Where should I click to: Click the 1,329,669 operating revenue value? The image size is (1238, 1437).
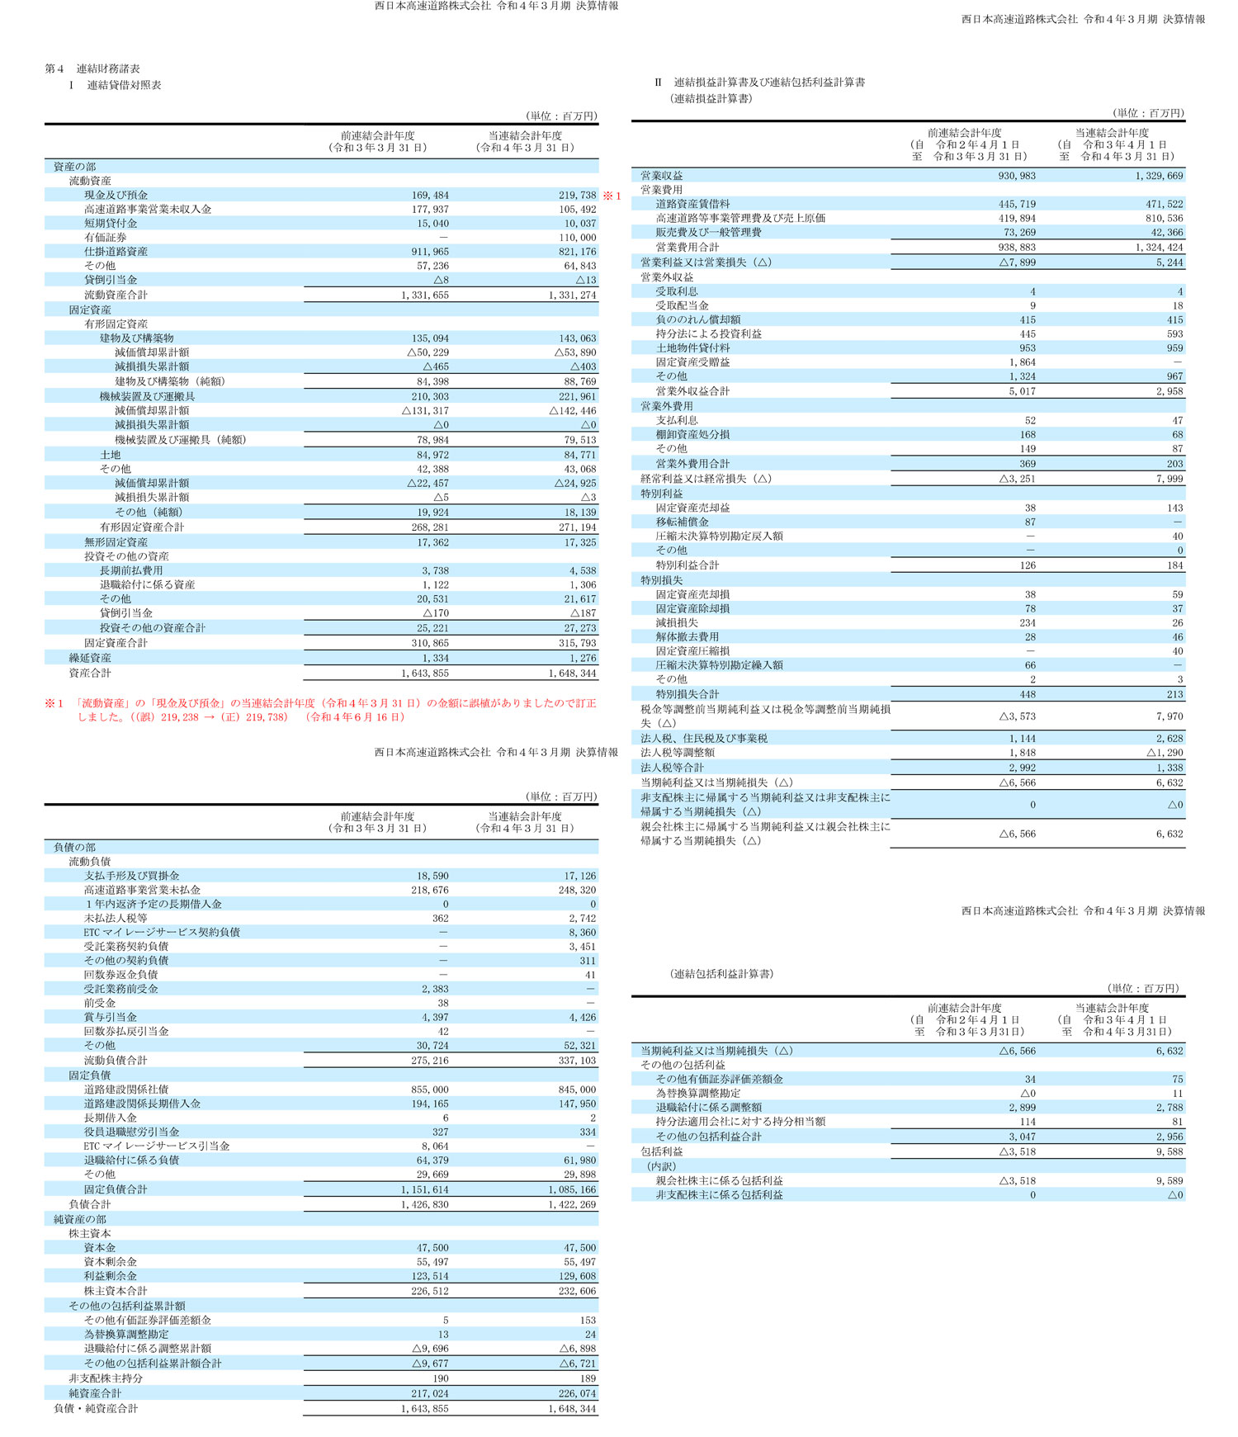coord(1152,176)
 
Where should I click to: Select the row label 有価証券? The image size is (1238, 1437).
coord(105,237)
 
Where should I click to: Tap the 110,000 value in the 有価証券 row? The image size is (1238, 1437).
coord(577,237)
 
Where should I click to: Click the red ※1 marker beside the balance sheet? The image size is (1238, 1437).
coord(612,196)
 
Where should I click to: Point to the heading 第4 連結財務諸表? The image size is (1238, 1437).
coord(92,69)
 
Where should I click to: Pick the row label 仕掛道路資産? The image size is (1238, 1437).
coord(116,251)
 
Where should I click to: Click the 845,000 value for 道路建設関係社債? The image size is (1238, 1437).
coord(577,1090)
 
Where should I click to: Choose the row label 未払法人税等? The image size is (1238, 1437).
coord(116,918)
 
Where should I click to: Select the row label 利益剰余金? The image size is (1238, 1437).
coord(111,1276)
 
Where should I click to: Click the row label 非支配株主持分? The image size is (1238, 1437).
coord(105,1378)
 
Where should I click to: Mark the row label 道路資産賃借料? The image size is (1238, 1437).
coord(692,204)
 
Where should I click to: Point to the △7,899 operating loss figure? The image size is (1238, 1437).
coord(1017,262)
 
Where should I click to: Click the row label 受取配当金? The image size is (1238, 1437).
coord(682,305)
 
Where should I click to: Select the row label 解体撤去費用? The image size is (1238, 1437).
coord(687,636)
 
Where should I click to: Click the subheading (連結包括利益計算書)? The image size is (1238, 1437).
coord(721,974)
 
